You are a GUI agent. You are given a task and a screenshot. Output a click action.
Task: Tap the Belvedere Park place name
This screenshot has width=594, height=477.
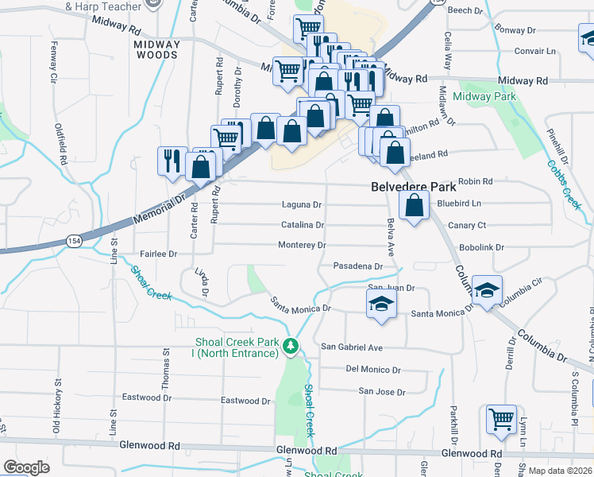click(414, 188)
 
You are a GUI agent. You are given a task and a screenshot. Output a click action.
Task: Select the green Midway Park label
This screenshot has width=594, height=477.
click(484, 96)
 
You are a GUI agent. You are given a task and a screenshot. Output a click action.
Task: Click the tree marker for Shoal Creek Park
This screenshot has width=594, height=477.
click(291, 345)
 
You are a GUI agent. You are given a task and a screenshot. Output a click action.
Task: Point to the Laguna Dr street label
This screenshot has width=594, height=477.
click(302, 204)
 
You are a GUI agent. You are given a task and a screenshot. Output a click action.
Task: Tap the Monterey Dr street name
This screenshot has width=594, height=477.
click(302, 245)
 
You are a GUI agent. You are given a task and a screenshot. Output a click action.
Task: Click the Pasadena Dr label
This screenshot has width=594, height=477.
click(358, 266)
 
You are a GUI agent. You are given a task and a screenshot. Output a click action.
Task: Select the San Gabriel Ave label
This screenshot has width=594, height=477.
click(352, 347)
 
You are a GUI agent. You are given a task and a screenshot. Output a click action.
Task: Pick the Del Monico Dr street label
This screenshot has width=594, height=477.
click(373, 370)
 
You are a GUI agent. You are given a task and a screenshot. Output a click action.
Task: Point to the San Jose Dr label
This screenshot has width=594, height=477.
click(381, 391)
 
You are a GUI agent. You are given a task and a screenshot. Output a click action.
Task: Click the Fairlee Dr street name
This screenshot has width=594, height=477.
click(158, 254)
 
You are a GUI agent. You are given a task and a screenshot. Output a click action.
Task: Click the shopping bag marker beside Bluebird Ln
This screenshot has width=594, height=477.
click(414, 207)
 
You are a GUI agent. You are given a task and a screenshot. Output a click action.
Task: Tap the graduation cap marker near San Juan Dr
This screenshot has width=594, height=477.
click(381, 304)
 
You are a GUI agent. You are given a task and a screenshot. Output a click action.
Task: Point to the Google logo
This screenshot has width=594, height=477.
click(26, 467)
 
